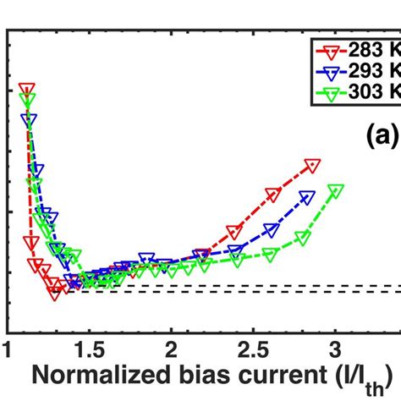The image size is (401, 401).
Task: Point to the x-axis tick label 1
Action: [8, 349]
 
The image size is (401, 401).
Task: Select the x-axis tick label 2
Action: [172, 349]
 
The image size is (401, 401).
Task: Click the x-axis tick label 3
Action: [335, 349]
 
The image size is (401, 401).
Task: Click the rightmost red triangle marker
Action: [313, 165]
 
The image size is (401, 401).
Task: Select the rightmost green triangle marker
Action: [336, 190]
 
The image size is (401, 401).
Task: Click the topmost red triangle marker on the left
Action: [27, 90]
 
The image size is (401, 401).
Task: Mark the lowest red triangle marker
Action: [57, 290]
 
